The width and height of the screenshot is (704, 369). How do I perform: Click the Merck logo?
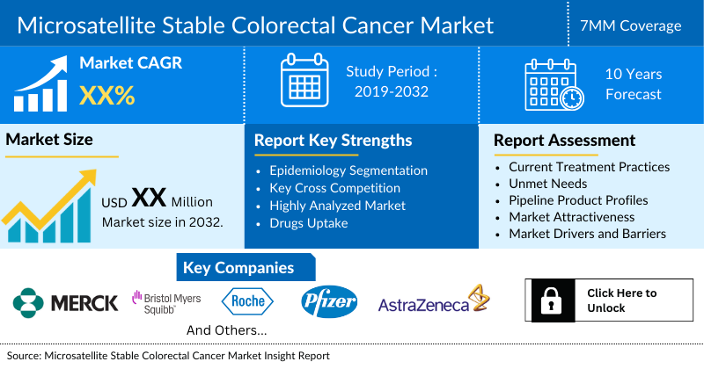tap(66, 303)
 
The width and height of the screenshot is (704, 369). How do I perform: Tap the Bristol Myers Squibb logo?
tap(166, 303)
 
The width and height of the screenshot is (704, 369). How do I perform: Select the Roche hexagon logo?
tap(248, 302)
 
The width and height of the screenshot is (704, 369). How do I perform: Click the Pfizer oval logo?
tap(328, 302)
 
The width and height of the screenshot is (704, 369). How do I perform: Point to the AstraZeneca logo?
tap(433, 303)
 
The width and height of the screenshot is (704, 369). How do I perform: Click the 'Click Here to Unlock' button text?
tap(621, 300)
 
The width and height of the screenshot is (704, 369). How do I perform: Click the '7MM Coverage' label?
tap(637, 25)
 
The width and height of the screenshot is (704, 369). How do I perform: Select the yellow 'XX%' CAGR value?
tap(106, 95)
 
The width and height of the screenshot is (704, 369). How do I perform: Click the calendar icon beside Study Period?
tap(304, 80)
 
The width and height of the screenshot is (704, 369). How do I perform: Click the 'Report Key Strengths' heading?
tap(333, 140)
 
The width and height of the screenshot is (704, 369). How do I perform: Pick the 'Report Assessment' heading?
tap(564, 140)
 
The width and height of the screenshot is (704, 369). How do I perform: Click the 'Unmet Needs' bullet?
tap(549, 184)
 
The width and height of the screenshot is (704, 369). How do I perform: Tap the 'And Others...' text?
tap(227, 330)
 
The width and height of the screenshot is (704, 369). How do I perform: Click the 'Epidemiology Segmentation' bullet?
tap(348, 170)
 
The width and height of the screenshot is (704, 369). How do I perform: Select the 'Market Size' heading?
tap(49, 139)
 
